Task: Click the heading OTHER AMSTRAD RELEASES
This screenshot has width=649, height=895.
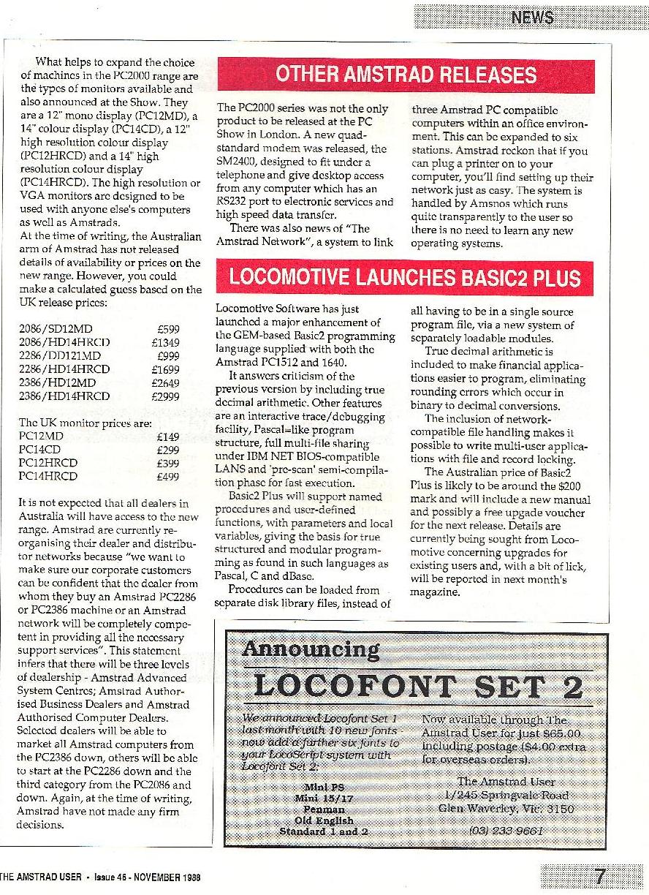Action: (406, 75)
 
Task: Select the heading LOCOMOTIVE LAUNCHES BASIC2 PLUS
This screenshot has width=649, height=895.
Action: (405, 278)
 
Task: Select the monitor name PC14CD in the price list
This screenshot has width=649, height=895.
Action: (38, 450)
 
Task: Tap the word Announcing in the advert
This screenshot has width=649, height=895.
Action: (311, 649)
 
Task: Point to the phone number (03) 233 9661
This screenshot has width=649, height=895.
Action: (505, 831)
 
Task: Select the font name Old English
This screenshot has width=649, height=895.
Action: (323, 821)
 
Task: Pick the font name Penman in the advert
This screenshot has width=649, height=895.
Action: (323, 810)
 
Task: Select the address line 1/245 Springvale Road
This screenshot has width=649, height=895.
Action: (505, 796)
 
